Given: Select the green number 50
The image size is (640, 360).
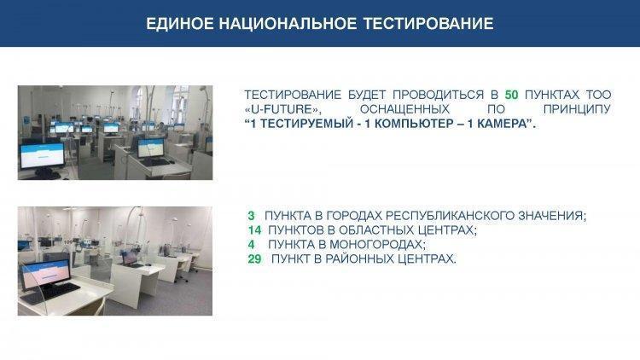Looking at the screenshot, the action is pos(511,95).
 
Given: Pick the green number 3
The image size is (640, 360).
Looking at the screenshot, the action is pos(251,216).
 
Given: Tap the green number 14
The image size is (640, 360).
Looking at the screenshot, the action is pos(254,230).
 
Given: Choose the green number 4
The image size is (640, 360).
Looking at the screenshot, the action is pos(251,245).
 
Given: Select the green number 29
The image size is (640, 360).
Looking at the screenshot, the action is pos(254,258).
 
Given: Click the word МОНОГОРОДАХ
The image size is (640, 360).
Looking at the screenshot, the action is pos(377,245).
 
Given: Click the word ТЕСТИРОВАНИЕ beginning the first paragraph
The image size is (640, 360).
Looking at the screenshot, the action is pos(293,95).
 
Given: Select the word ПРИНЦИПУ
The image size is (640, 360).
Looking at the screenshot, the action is pos(577,109).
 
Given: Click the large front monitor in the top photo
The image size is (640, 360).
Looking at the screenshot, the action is pos(43,156).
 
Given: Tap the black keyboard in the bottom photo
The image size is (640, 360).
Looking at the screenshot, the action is pos(50,293).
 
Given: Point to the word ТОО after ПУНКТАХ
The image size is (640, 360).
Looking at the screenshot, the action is pos(599,95).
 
